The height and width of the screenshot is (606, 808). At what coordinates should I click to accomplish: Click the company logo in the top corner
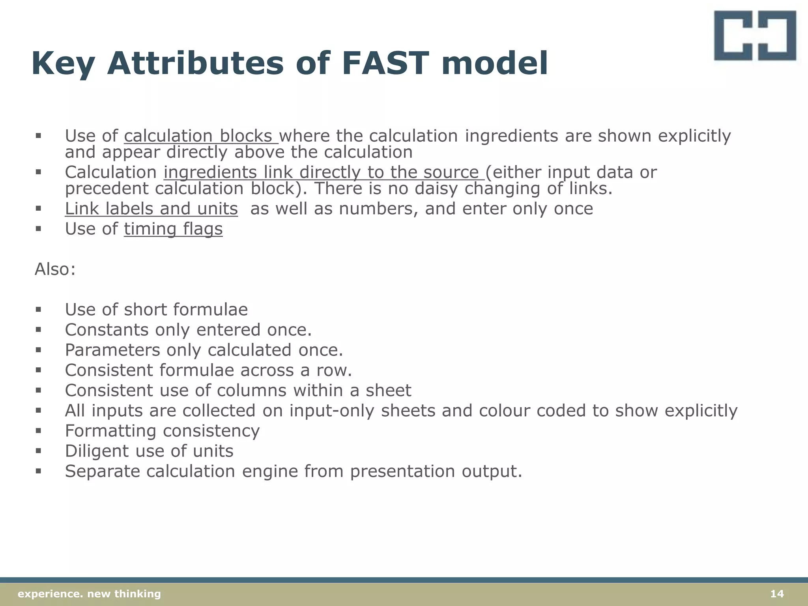coord(755,36)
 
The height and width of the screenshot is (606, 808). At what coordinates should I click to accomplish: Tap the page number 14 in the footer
coord(777,594)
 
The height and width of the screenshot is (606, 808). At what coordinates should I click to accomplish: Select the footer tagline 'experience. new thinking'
coord(90,594)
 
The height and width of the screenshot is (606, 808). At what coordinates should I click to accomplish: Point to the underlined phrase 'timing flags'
coord(173,229)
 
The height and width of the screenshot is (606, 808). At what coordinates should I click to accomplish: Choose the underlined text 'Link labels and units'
coord(151,209)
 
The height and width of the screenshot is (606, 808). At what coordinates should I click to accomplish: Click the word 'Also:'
coord(55,269)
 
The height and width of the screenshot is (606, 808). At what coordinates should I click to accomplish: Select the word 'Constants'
coord(107,330)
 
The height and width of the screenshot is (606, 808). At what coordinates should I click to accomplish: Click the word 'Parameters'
coord(112,350)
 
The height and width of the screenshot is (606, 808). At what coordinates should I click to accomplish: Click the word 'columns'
coord(251,391)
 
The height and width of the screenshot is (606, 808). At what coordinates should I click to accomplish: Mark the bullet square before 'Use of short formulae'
coord(38,310)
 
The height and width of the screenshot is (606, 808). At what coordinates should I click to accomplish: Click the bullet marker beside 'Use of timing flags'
coord(38,229)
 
